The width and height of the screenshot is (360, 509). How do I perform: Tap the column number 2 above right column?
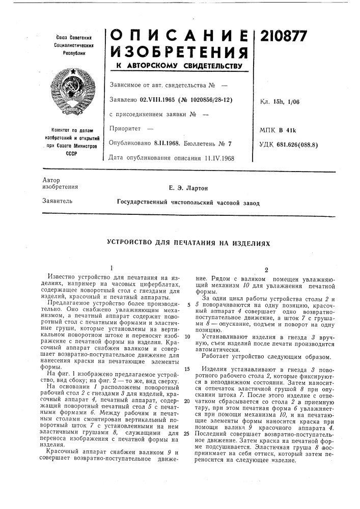coord(266,270)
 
